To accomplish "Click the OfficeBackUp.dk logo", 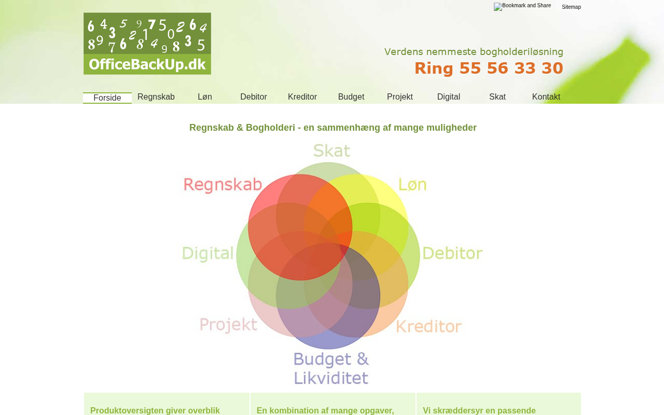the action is pyautogui.click(x=147, y=44).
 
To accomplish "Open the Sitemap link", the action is pyautogui.click(x=571, y=7).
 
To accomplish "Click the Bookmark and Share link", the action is pyautogui.click(x=522, y=6).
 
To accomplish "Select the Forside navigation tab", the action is pyautogui.click(x=107, y=98).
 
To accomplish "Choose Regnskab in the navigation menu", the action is pyautogui.click(x=156, y=97).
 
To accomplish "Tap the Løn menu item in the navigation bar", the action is pyautogui.click(x=205, y=97).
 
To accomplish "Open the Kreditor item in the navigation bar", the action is pyautogui.click(x=302, y=97).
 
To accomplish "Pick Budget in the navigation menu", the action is pyautogui.click(x=351, y=97).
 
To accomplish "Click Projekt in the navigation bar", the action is pyautogui.click(x=400, y=97).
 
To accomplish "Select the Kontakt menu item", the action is pyautogui.click(x=546, y=97).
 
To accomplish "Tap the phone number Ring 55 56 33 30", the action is pyautogui.click(x=489, y=68).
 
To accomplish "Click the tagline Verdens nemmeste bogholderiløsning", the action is pyautogui.click(x=474, y=52).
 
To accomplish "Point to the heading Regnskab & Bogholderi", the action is pyautogui.click(x=333, y=128).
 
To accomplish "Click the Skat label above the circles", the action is pyautogui.click(x=331, y=150).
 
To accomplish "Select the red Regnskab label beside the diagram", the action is pyautogui.click(x=223, y=185).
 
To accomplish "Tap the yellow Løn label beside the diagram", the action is pyautogui.click(x=412, y=184).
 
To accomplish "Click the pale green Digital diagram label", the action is pyautogui.click(x=208, y=254).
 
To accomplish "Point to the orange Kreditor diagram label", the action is pyautogui.click(x=428, y=326).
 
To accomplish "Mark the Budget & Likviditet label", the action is pyautogui.click(x=331, y=368).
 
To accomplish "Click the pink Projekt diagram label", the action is pyautogui.click(x=228, y=325).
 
